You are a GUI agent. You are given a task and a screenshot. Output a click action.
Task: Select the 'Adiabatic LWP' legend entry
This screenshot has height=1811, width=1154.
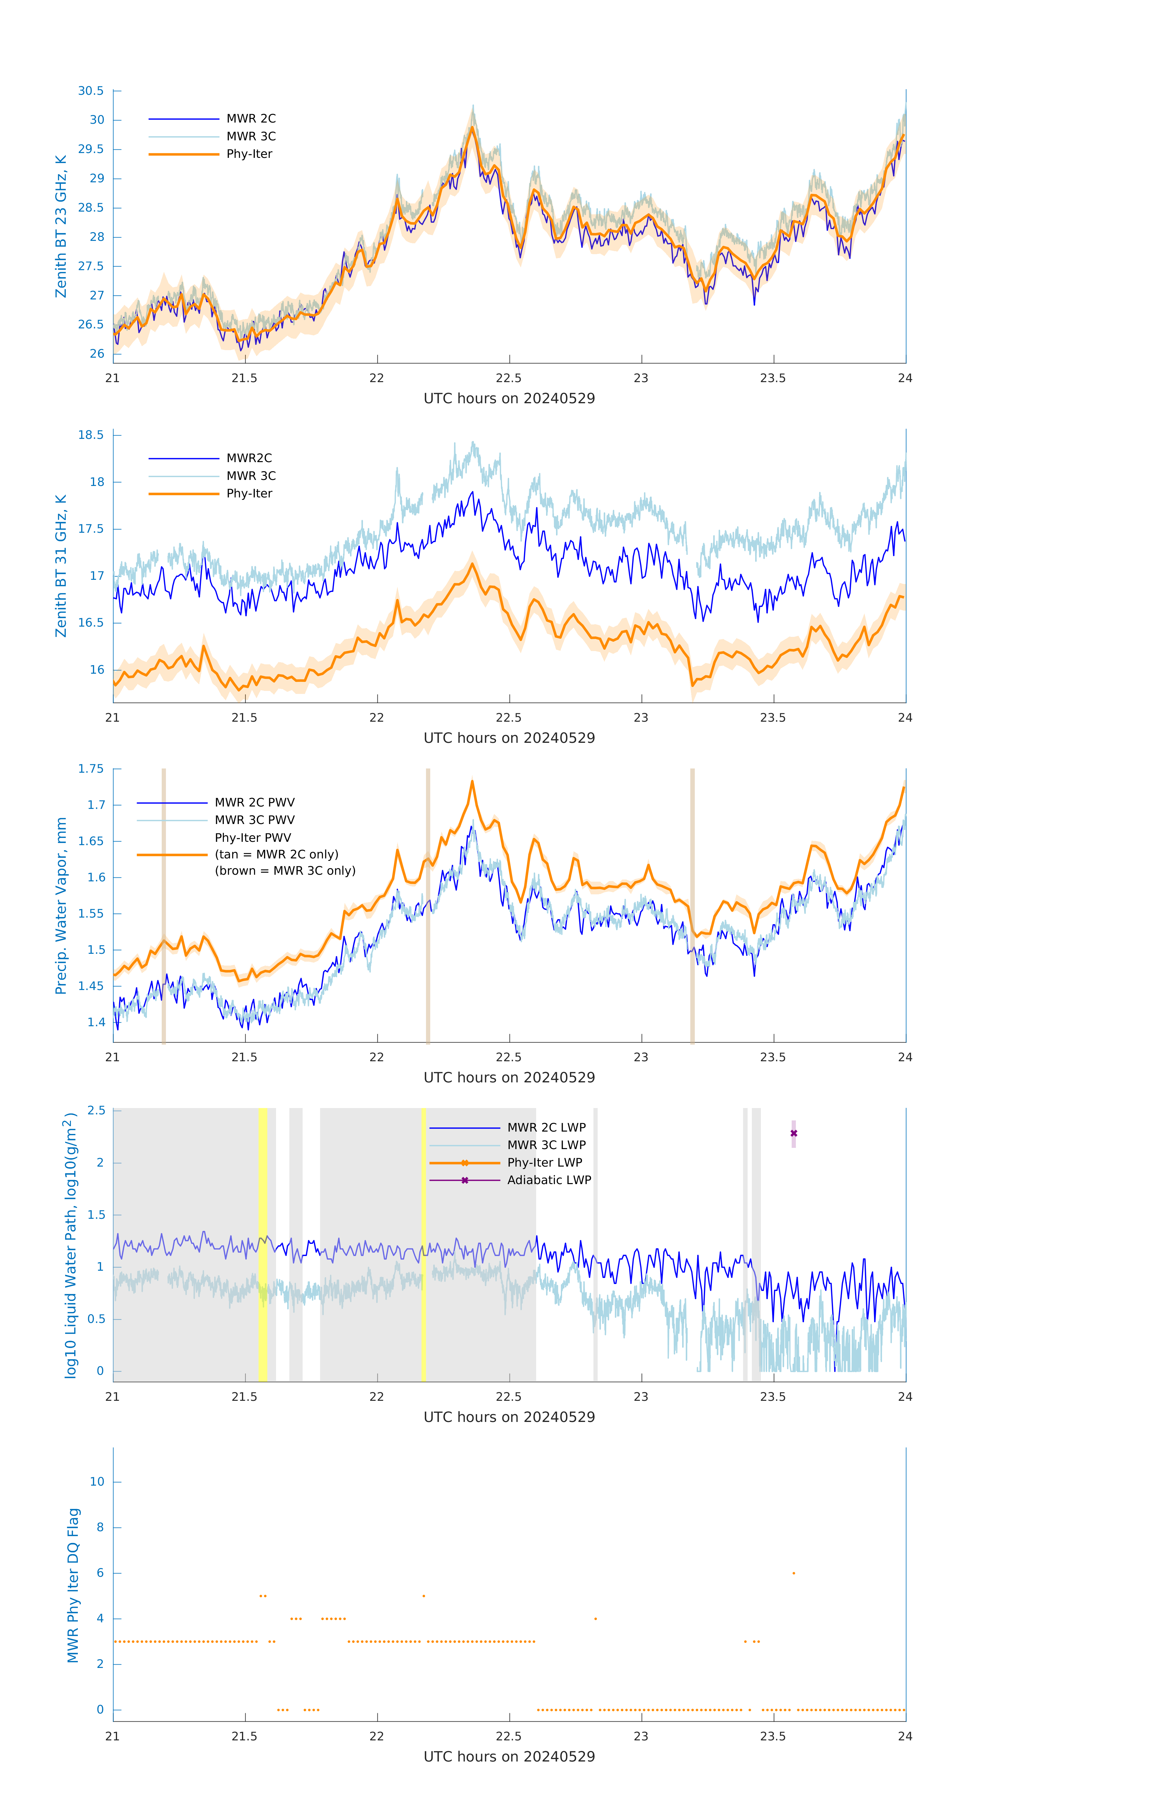[549, 1180]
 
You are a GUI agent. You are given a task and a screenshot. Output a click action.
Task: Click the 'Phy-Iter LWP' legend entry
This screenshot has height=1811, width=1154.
[544, 1163]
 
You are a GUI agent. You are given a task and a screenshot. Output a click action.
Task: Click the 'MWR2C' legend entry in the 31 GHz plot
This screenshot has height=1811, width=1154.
[249, 458]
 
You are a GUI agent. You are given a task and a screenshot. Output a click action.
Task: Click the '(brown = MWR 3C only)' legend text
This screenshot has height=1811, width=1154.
[285, 871]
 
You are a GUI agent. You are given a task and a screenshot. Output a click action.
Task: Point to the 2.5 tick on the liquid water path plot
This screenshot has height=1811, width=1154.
[96, 1111]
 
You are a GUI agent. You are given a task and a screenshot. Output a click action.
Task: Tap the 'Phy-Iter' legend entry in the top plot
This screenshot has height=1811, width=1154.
[249, 154]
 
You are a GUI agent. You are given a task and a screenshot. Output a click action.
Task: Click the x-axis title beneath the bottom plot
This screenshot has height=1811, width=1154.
[509, 1757]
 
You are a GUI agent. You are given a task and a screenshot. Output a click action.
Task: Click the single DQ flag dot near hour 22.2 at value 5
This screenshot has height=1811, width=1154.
[424, 1596]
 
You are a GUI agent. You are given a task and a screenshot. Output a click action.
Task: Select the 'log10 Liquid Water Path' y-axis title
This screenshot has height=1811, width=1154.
[71, 1245]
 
